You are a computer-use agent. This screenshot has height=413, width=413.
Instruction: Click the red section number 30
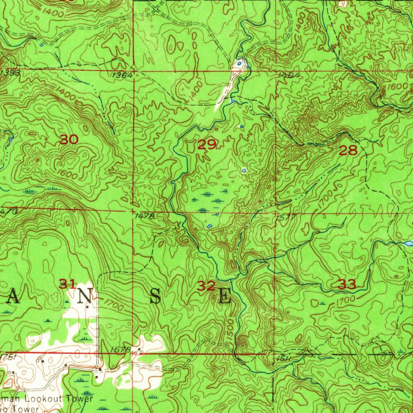pyautogui.click(x=69, y=140)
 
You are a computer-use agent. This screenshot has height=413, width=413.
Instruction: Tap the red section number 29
pyautogui.click(x=207, y=144)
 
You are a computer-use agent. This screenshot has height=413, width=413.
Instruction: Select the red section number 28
pyautogui.click(x=348, y=151)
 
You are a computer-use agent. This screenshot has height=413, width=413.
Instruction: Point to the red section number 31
pyautogui.click(x=68, y=284)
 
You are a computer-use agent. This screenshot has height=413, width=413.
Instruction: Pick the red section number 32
pyautogui.click(x=206, y=286)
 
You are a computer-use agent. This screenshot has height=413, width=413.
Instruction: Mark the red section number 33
pyautogui.click(x=347, y=284)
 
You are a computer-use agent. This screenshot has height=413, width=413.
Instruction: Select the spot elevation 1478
pyautogui.click(x=145, y=216)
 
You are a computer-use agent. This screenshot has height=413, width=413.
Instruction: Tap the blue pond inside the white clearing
pyautogui.click(x=240, y=63)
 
